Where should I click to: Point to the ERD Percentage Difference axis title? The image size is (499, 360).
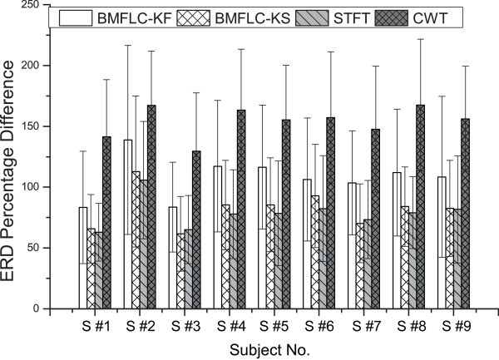point(10,158)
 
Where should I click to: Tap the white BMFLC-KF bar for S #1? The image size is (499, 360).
point(82,258)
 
